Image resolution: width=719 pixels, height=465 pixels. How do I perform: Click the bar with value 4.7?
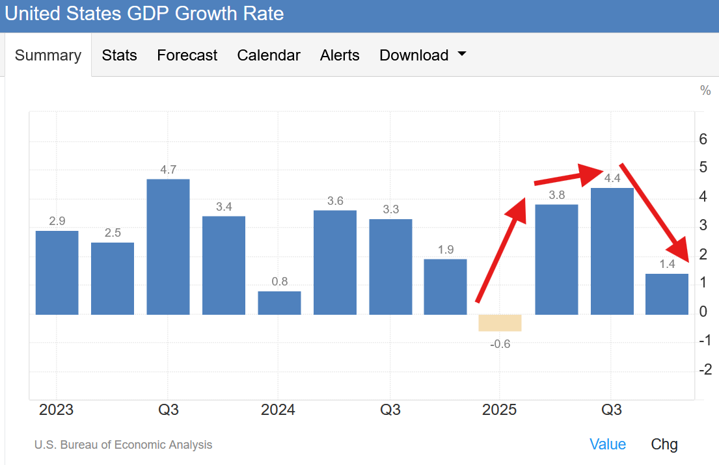(x=168, y=246)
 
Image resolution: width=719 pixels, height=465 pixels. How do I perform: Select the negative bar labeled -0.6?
(x=500, y=323)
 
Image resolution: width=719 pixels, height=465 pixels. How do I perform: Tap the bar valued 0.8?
(x=279, y=302)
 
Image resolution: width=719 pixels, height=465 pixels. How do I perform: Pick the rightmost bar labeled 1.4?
(x=667, y=294)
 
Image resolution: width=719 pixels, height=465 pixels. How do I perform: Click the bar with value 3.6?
(x=335, y=262)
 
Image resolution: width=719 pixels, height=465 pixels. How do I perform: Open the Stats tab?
(x=120, y=55)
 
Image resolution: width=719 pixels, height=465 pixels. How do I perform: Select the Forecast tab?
(x=187, y=55)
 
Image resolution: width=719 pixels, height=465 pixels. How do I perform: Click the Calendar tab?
(x=269, y=55)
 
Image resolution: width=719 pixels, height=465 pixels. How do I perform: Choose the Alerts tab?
(x=340, y=55)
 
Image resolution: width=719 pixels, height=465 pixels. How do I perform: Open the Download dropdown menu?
(x=423, y=55)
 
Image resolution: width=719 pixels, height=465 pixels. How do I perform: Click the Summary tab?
(x=48, y=55)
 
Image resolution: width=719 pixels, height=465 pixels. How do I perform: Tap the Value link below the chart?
(x=608, y=444)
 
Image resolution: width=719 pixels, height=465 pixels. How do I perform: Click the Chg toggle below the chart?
(x=664, y=444)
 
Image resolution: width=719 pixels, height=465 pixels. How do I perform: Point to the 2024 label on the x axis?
(x=278, y=410)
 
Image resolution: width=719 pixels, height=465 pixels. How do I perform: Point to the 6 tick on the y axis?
(x=703, y=139)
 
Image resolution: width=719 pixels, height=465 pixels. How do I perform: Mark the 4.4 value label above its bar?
(x=612, y=178)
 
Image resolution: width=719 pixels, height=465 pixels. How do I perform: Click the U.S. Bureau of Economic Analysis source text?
(x=123, y=445)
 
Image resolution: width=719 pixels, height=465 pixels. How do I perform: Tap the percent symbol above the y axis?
(x=705, y=90)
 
